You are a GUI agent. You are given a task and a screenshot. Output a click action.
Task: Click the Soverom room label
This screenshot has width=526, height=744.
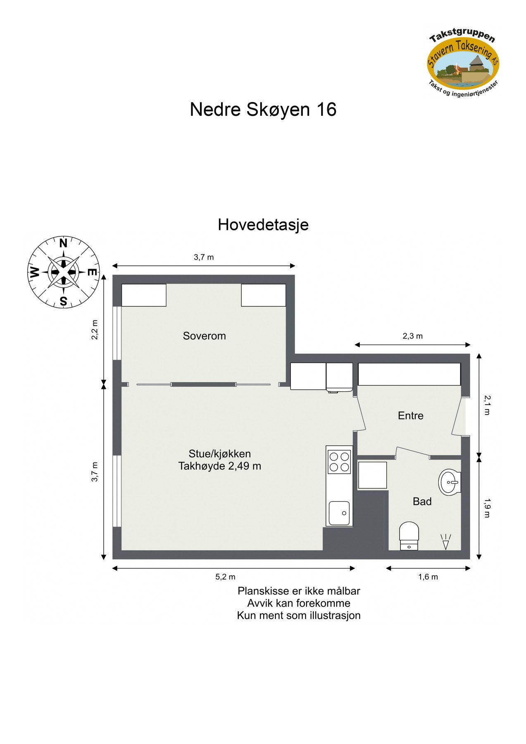click(x=204, y=336)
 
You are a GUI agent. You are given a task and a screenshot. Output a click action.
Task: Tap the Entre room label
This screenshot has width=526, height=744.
click(x=410, y=415)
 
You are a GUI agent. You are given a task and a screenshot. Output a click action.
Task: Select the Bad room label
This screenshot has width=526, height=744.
click(x=422, y=501)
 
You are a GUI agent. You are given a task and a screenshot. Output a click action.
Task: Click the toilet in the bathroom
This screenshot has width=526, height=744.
click(x=409, y=536)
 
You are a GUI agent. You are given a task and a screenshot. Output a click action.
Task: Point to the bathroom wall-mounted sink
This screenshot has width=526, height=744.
click(x=450, y=482)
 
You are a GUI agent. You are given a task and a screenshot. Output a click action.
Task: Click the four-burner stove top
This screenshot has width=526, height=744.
click(x=339, y=462)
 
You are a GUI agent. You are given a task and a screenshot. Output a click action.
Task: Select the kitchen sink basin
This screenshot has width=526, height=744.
click(x=339, y=513)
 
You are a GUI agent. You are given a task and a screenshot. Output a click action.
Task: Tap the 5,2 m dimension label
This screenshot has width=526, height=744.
click(x=225, y=577)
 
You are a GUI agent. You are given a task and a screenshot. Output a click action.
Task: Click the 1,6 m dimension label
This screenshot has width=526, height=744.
click(x=428, y=577)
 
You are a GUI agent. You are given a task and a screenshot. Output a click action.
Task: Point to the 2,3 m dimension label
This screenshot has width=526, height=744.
click(x=412, y=336)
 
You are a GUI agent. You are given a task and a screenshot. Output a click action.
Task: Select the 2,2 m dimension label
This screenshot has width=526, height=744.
click(x=95, y=329)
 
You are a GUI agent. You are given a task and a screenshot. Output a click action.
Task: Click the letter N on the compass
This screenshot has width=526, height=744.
click(x=63, y=243)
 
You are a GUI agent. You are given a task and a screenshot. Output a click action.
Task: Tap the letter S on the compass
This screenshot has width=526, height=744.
click(x=63, y=301)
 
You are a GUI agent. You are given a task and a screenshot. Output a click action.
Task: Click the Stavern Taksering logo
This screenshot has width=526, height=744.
click(x=463, y=62)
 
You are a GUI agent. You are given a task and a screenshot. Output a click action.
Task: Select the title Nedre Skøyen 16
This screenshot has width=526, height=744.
click(x=263, y=110)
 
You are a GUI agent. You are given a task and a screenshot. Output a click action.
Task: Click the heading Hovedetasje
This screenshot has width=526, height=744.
click(x=263, y=225)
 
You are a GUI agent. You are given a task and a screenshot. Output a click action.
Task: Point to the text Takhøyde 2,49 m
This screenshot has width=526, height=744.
click(x=219, y=466)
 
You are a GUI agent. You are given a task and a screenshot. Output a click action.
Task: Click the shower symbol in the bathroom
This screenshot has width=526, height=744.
click(x=445, y=542)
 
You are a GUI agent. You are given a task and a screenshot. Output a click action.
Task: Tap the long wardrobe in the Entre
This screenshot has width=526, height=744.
click(x=409, y=374)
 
